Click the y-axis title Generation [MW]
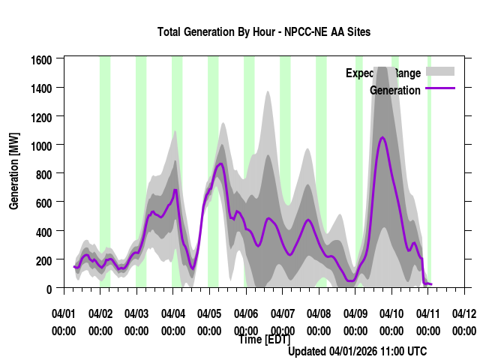point(14,171)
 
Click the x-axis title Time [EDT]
point(264,339)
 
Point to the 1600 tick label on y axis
point(41,59)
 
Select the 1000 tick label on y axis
point(41,145)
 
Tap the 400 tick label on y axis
point(43,231)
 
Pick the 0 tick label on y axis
point(49,288)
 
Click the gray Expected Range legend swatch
point(440,72)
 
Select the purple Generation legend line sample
point(440,89)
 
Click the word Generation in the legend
point(395,90)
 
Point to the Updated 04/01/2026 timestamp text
point(358,351)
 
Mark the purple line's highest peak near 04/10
point(382,137)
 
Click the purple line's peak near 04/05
point(220,163)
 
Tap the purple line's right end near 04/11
point(432,284)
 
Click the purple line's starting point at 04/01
point(73,266)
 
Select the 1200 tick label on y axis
point(41,116)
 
